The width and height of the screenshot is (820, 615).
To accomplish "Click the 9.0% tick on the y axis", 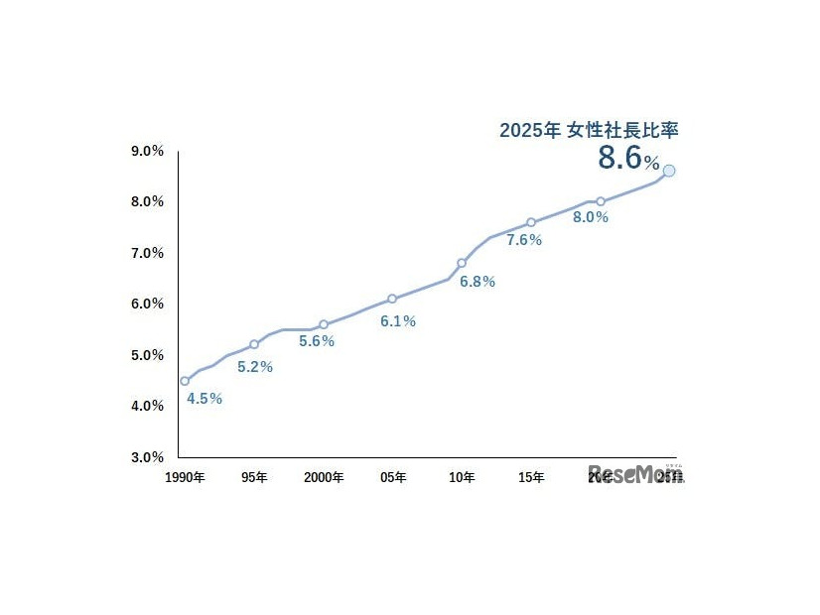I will point(147,151).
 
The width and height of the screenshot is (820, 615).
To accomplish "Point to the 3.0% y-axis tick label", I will point(147,457).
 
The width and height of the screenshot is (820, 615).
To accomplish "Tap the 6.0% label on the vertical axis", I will point(147,304).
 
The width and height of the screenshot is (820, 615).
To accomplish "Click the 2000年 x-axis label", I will point(324,477).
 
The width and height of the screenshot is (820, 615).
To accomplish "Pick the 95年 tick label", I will point(254,477).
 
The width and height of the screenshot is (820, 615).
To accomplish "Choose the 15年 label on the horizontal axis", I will point(531,477).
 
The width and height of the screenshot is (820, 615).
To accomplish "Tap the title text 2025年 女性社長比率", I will point(588,130).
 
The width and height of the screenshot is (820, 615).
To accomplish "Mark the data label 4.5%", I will point(205,399).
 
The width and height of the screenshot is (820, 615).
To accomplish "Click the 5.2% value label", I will point(255,367).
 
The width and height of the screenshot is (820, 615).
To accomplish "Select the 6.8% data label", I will point(478,282).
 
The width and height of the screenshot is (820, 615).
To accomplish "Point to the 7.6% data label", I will point(524,240).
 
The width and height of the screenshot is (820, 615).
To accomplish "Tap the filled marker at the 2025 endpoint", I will point(669,171).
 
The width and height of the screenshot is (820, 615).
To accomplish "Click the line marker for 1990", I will point(185,381).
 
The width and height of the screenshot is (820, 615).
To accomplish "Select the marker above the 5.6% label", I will point(324,324).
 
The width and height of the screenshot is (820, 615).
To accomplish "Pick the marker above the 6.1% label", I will point(392,299).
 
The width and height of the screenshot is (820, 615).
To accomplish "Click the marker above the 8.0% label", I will point(601,201).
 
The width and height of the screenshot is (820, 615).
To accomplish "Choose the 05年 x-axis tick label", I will point(393,477).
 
